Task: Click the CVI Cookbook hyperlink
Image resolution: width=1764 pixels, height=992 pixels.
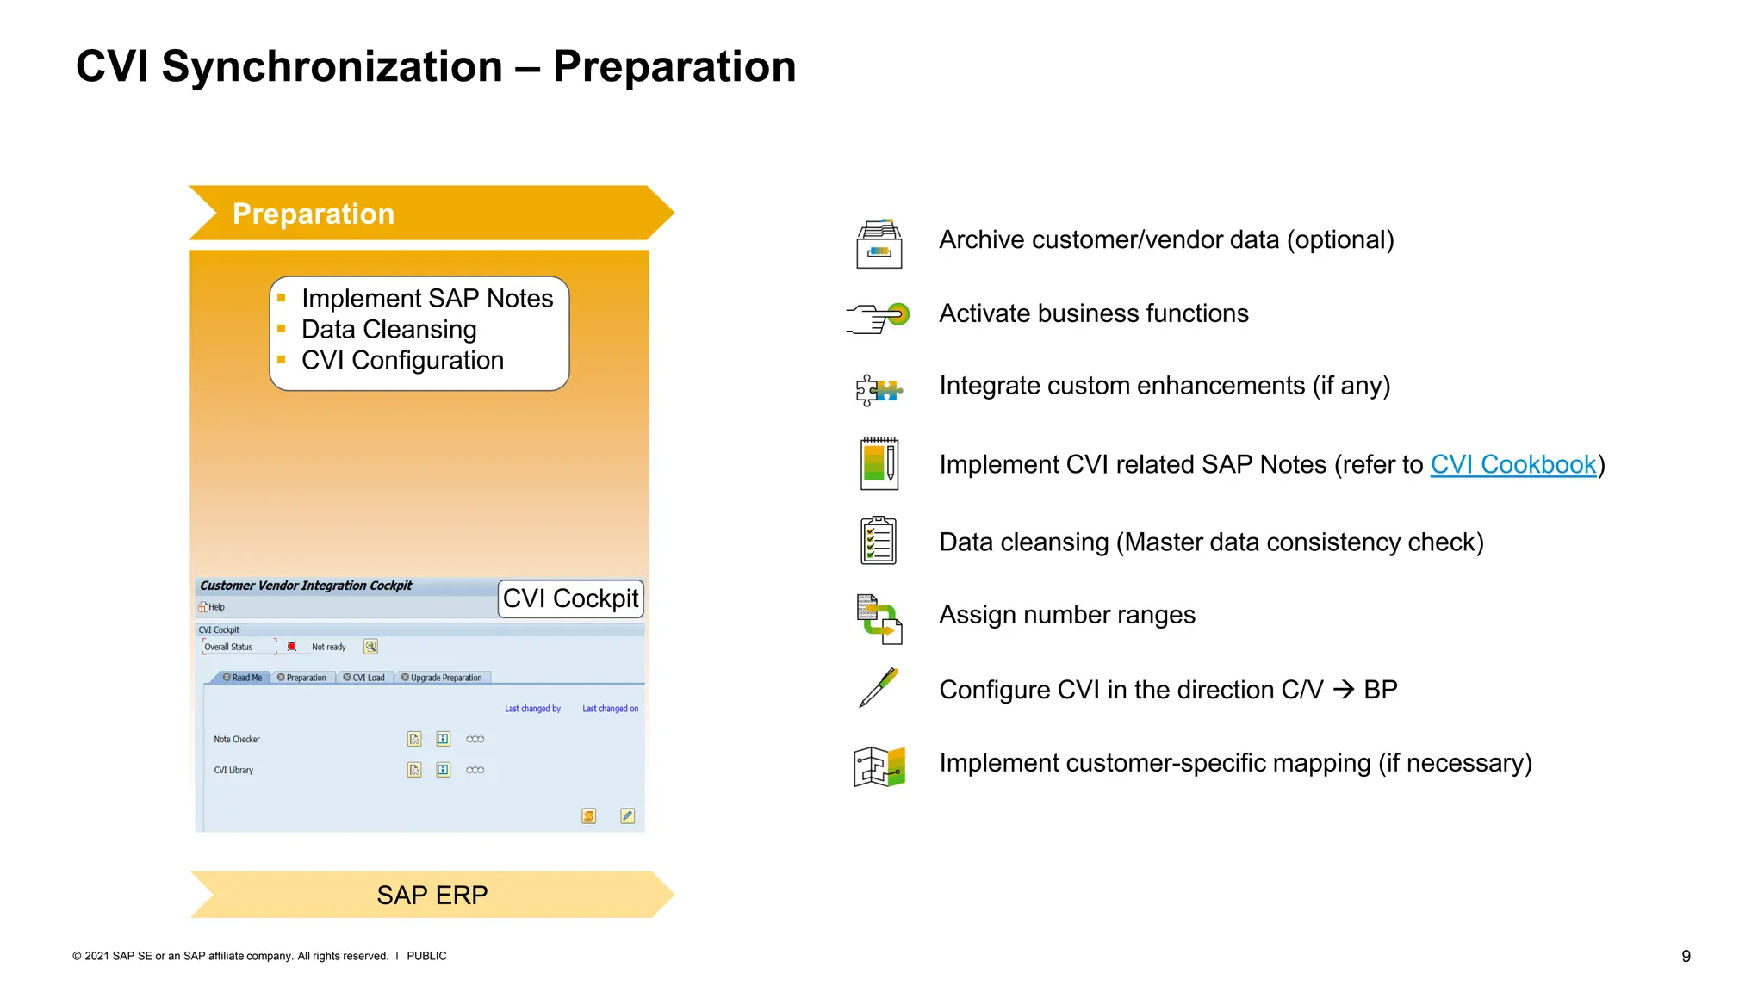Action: (1512, 464)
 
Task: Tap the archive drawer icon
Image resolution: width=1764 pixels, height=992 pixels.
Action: (879, 244)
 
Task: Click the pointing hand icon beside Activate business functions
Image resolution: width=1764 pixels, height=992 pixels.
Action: (877, 317)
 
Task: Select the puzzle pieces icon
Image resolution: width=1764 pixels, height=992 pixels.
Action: (879, 390)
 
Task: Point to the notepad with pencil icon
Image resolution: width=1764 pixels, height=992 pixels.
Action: (879, 463)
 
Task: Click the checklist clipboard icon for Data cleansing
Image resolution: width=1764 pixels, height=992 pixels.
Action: (878, 541)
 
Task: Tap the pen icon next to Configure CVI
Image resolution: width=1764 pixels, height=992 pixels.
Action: (879, 688)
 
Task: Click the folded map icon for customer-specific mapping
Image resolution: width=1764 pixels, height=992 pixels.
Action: (879, 766)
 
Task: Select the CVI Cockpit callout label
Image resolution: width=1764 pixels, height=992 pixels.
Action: (570, 598)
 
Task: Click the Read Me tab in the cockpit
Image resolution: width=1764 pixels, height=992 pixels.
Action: (243, 678)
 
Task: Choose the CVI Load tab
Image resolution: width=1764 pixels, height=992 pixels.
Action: (364, 678)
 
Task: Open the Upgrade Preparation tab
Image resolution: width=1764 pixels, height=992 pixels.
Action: (442, 678)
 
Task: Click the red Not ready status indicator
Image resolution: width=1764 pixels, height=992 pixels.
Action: (292, 647)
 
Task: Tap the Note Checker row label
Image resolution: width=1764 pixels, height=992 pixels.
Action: (237, 740)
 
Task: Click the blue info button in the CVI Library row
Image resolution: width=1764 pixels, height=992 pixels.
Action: (443, 770)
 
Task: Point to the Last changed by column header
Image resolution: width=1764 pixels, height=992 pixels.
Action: (532, 709)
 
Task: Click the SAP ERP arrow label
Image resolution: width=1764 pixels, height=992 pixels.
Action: (432, 895)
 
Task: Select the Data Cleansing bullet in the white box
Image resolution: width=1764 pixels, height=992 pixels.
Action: (388, 330)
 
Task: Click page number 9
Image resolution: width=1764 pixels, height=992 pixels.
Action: (1686, 956)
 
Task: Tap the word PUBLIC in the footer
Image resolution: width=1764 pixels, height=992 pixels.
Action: (426, 956)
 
